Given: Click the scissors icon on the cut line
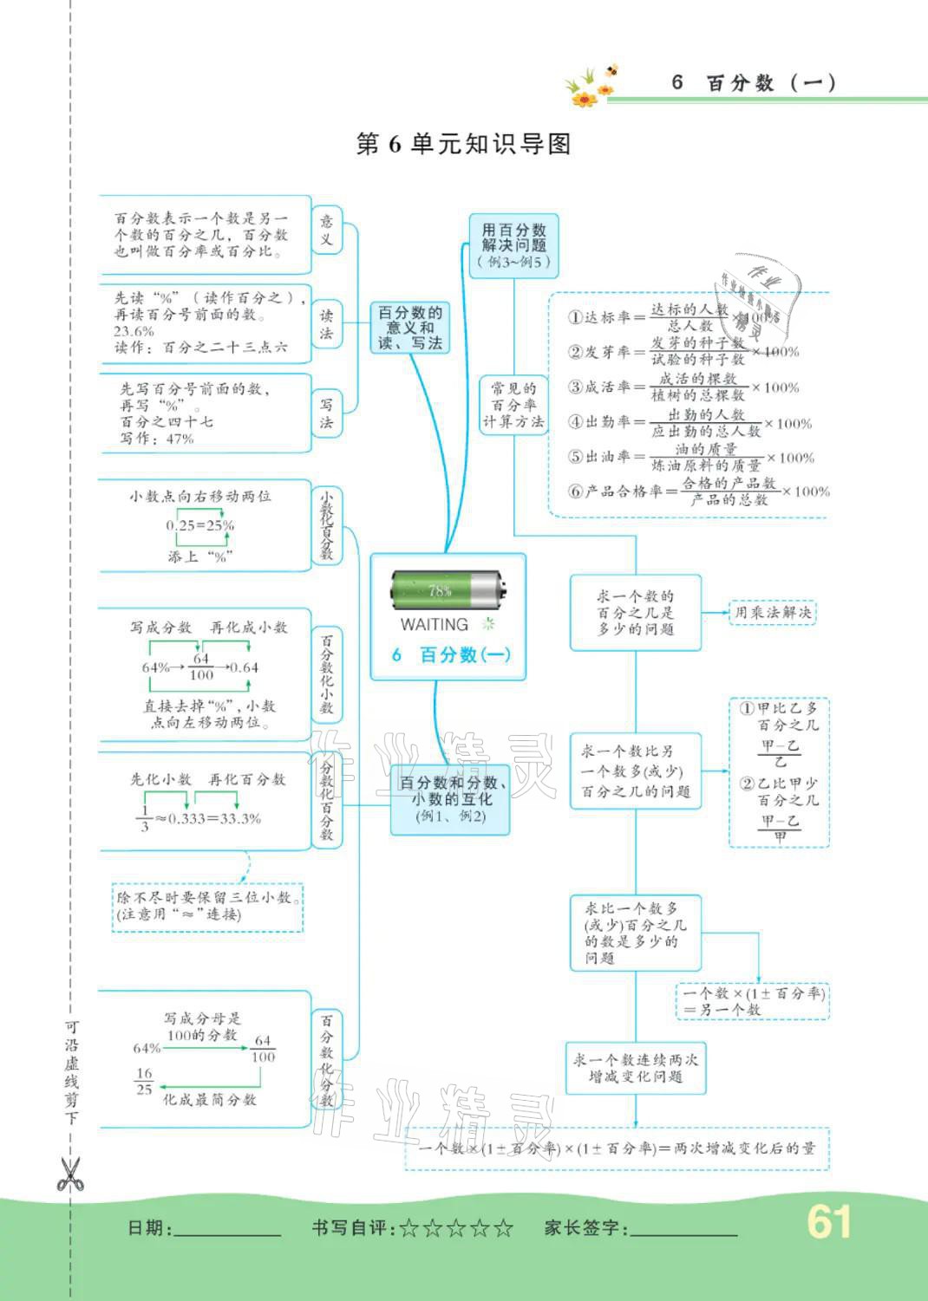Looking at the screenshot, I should [x=69, y=1174].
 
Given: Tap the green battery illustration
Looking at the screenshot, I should [x=447, y=591].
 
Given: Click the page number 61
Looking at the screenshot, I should [x=828, y=1222].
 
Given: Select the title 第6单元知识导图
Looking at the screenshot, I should [x=464, y=144].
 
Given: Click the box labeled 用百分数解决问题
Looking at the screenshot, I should [x=513, y=246].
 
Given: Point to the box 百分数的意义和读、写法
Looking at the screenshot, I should [x=410, y=328].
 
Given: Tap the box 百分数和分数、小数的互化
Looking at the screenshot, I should [x=449, y=799].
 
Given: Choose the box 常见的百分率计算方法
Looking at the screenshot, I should [x=513, y=405].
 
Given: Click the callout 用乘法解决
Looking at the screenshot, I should [x=772, y=613].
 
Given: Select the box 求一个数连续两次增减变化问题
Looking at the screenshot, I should [x=635, y=1068].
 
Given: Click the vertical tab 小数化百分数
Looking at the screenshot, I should [x=326, y=526].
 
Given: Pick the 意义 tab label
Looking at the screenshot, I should [x=326, y=230].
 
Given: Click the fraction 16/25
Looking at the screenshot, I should [x=144, y=1081].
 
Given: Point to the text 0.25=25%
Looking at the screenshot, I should [x=200, y=525].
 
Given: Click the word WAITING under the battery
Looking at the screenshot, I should [x=434, y=624].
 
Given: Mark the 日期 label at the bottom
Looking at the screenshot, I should [x=149, y=1228].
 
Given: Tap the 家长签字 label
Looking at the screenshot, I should [x=585, y=1228].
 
